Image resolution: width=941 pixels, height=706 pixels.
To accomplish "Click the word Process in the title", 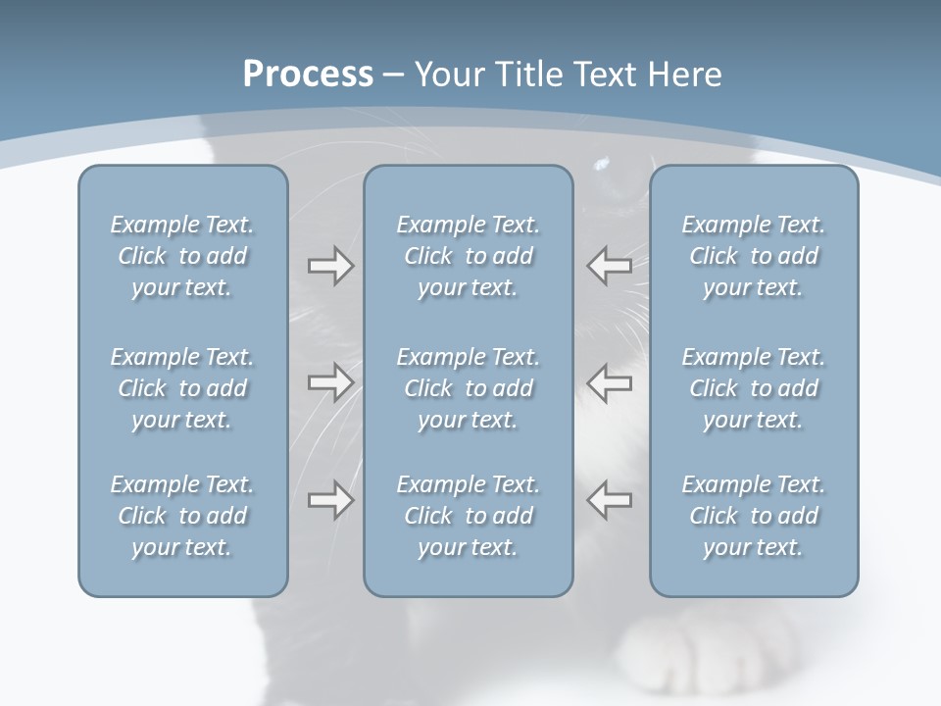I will pos(308,75).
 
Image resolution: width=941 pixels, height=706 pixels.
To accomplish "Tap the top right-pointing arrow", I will pos(330,266).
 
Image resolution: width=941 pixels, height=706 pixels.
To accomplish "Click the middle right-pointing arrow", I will pos(330,381).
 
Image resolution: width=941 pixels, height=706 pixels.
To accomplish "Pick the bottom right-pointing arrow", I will pos(330,499).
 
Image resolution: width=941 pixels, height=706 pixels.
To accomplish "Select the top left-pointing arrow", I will pos(610,266).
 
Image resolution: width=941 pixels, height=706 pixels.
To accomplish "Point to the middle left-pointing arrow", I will pos(610,381).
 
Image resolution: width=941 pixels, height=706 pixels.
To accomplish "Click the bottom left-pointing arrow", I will pos(610,499).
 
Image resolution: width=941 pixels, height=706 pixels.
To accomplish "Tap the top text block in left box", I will pos(182,256).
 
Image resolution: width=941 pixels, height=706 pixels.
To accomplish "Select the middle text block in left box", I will pos(182,388).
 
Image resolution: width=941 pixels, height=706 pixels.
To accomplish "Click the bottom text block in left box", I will pos(182,516).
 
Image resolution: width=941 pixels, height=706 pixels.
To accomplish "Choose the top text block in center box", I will pos(468,256).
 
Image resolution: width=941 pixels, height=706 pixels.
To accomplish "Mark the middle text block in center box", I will pos(468,388).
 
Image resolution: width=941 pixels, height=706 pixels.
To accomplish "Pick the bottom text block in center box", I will pos(468,516).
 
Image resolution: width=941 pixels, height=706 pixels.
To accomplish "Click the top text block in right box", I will pos(753,256).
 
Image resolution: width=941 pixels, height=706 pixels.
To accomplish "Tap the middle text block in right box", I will pos(753,388).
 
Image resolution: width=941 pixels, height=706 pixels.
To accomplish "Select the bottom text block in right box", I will pos(753,516).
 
